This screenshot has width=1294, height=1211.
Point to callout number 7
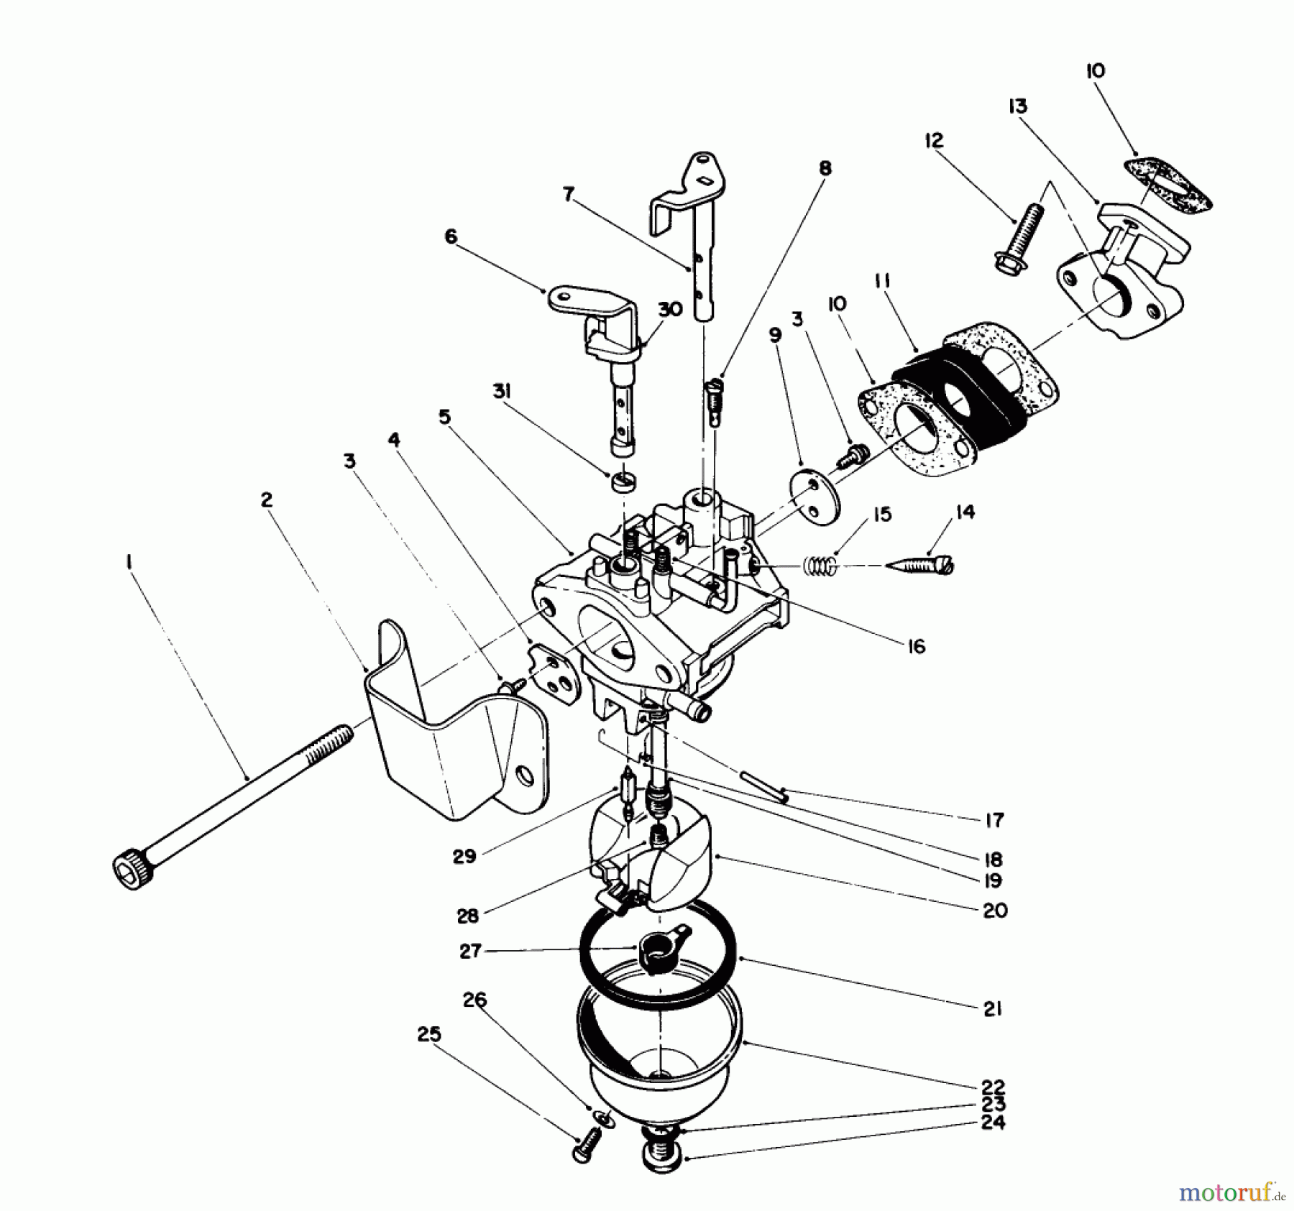tap(569, 195)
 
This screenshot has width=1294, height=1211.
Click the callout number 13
tap(1017, 106)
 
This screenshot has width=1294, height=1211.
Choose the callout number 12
tap(934, 140)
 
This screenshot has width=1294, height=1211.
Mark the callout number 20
tap(995, 910)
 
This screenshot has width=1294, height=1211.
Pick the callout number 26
tap(475, 1000)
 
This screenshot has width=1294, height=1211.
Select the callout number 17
tap(994, 819)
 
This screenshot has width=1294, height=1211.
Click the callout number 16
tap(916, 646)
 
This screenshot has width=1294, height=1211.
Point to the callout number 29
tap(465, 857)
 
